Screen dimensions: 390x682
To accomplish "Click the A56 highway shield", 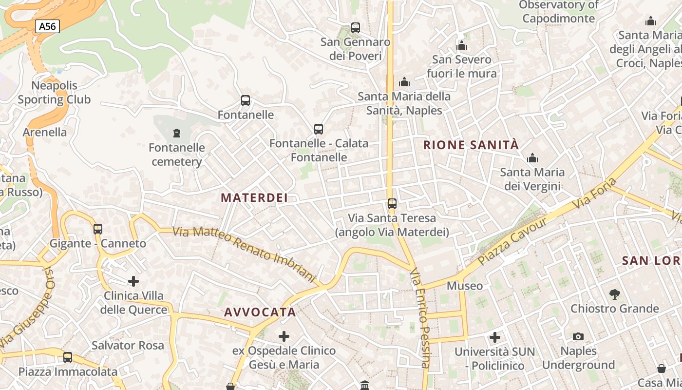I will tap(47, 26).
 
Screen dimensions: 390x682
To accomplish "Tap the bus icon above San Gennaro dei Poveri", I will tap(356, 28).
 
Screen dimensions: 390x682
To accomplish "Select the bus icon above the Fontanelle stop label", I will tap(246, 100).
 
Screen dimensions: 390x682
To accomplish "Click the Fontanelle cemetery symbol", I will tap(177, 133).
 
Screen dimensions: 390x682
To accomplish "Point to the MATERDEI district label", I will tap(254, 197).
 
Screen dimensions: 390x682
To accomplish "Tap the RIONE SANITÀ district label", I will tap(471, 145).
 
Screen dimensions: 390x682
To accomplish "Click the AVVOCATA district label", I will tap(260, 312).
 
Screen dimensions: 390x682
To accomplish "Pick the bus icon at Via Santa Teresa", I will tap(392, 203).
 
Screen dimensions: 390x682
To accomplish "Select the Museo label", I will tap(465, 286).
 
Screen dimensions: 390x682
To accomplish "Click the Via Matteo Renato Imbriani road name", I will tap(245, 253).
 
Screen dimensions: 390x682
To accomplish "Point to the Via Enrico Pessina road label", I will tap(420, 318).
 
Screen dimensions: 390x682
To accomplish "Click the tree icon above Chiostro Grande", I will tap(615, 294).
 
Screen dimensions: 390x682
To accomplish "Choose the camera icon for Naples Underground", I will tap(578, 336).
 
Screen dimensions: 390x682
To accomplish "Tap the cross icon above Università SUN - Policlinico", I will tap(495, 337).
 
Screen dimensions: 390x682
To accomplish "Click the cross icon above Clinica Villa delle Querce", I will tap(133, 281).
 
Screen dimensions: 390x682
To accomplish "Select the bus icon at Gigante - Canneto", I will tap(98, 229).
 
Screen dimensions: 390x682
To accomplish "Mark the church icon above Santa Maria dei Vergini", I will tap(532, 158).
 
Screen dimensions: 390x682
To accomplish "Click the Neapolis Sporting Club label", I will tap(54, 93).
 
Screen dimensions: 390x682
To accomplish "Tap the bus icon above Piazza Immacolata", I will tap(68, 357).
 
